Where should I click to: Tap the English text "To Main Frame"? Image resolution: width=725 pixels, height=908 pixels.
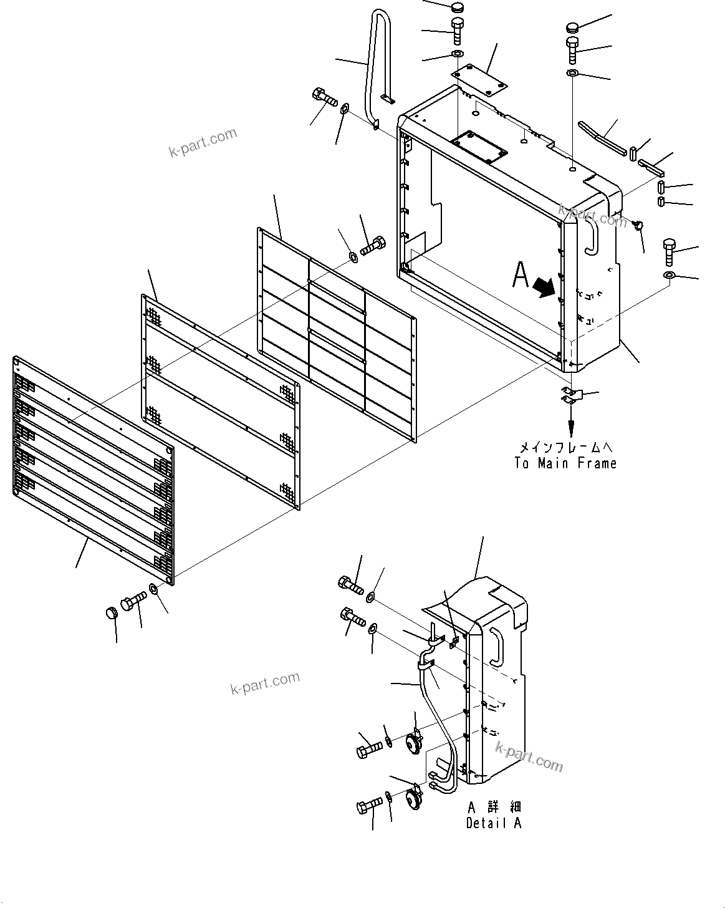[x=565, y=463]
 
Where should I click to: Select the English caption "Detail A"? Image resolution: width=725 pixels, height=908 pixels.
[x=493, y=823]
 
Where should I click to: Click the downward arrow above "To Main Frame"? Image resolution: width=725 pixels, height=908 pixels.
[x=570, y=424]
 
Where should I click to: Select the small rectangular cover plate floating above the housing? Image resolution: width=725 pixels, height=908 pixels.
[x=480, y=80]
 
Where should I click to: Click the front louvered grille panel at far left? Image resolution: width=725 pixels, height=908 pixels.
[x=94, y=471]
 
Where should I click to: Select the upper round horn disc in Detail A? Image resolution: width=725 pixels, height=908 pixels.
[x=412, y=744]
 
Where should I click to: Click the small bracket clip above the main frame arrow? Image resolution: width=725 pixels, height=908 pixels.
[x=569, y=395]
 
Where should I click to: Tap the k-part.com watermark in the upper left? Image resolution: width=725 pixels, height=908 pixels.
[x=203, y=143]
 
